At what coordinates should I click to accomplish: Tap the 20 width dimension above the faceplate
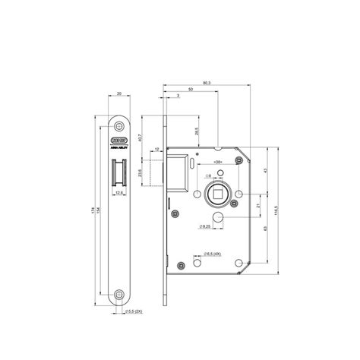(119, 96)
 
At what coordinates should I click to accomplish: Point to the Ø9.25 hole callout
(203, 227)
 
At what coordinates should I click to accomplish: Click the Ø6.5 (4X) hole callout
(209, 254)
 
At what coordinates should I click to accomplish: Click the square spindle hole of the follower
(216, 194)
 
